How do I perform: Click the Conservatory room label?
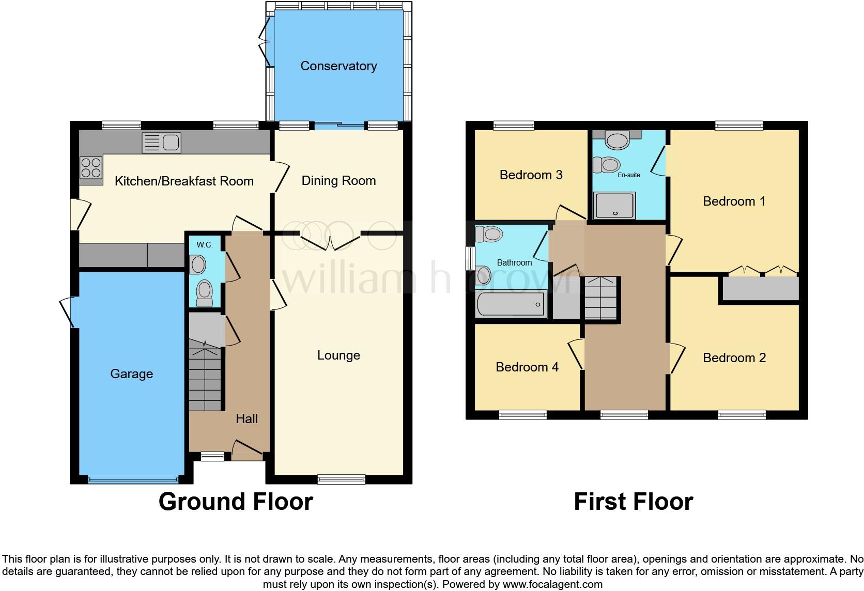(338, 66)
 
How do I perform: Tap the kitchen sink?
(161, 143)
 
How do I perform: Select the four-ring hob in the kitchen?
(90, 167)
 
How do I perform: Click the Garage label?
(131, 374)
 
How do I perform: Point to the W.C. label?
(205, 245)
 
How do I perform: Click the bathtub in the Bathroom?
(511, 303)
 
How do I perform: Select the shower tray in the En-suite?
(614, 206)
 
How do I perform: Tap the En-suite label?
(629, 175)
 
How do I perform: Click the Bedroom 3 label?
(531, 175)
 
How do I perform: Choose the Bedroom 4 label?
(527, 367)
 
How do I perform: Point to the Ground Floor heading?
(236, 502)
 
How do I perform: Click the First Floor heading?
(633, 502)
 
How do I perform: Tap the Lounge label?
(338, 355)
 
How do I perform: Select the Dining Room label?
(338, 181)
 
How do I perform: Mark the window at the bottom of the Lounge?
(341, 479)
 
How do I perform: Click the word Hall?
(246, 419)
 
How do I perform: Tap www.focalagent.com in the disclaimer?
(552, 585)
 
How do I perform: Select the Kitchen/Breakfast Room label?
(184, 181)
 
